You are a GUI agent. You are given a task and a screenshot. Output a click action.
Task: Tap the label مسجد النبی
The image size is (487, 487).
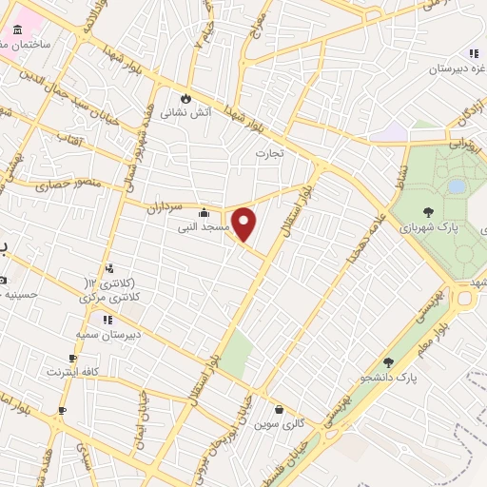click(x=201, y=228)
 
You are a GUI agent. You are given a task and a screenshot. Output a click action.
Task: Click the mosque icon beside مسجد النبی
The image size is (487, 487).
click(x=204, y=213)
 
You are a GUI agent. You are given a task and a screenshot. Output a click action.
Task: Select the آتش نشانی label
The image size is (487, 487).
click(x=179, y=112)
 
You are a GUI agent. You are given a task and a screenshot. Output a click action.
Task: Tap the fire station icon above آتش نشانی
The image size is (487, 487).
click(x=185, y=96)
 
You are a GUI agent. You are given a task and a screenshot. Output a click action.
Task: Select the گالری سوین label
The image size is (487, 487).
click(x=279, y=424)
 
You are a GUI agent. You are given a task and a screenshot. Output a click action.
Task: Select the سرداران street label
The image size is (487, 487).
click(x=163, y=205)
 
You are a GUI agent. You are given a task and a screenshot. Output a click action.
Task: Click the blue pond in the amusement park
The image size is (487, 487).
click(x=457, y=186)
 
